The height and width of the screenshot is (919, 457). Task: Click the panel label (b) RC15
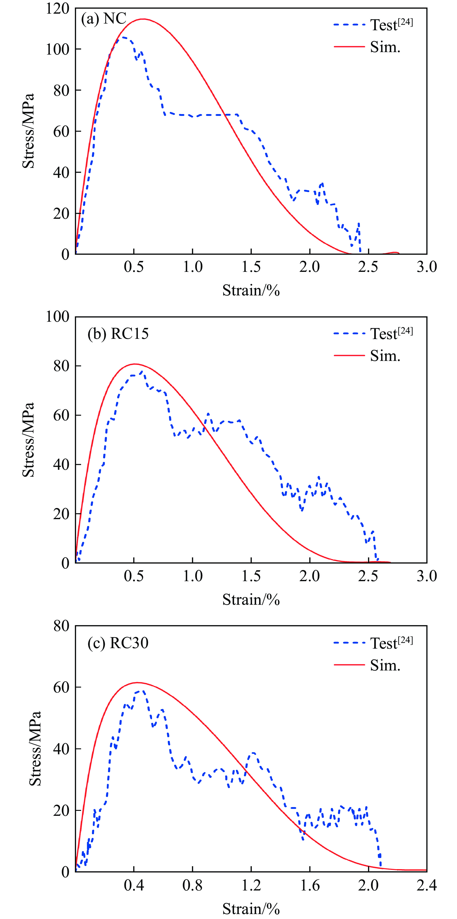118,334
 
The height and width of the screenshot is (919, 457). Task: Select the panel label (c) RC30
118,643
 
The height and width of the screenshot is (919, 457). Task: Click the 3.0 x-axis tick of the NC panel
427,267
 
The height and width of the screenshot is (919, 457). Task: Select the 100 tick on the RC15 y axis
58,317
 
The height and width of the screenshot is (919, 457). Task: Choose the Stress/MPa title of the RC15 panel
29,440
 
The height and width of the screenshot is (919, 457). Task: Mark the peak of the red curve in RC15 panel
134,364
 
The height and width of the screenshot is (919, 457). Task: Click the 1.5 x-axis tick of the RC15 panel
251,576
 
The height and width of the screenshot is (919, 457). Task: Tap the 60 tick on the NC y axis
61,131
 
